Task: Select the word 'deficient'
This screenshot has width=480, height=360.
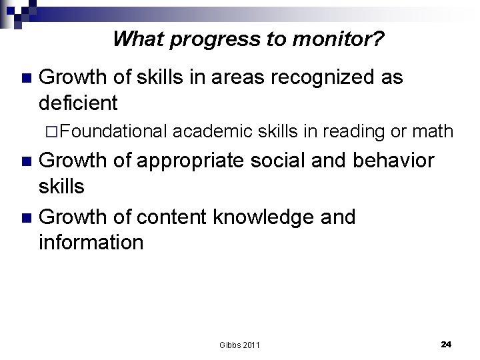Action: pos(79,103)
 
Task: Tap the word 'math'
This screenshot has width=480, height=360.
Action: pos(432,132)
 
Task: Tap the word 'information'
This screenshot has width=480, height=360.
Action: pos(91,241)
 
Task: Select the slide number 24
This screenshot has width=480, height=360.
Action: pos(446,344)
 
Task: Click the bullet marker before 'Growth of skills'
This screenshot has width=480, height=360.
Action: pos(26,79)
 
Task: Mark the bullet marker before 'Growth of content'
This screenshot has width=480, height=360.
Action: pos(26,217)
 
